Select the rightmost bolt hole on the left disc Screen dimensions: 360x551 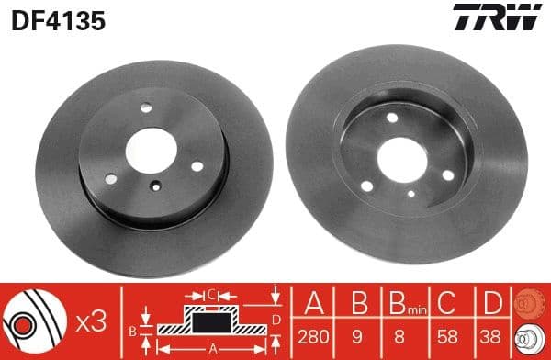pos(197,166)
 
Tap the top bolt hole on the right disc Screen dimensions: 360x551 pos(393,118)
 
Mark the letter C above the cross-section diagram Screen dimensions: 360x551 pos(210,296)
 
